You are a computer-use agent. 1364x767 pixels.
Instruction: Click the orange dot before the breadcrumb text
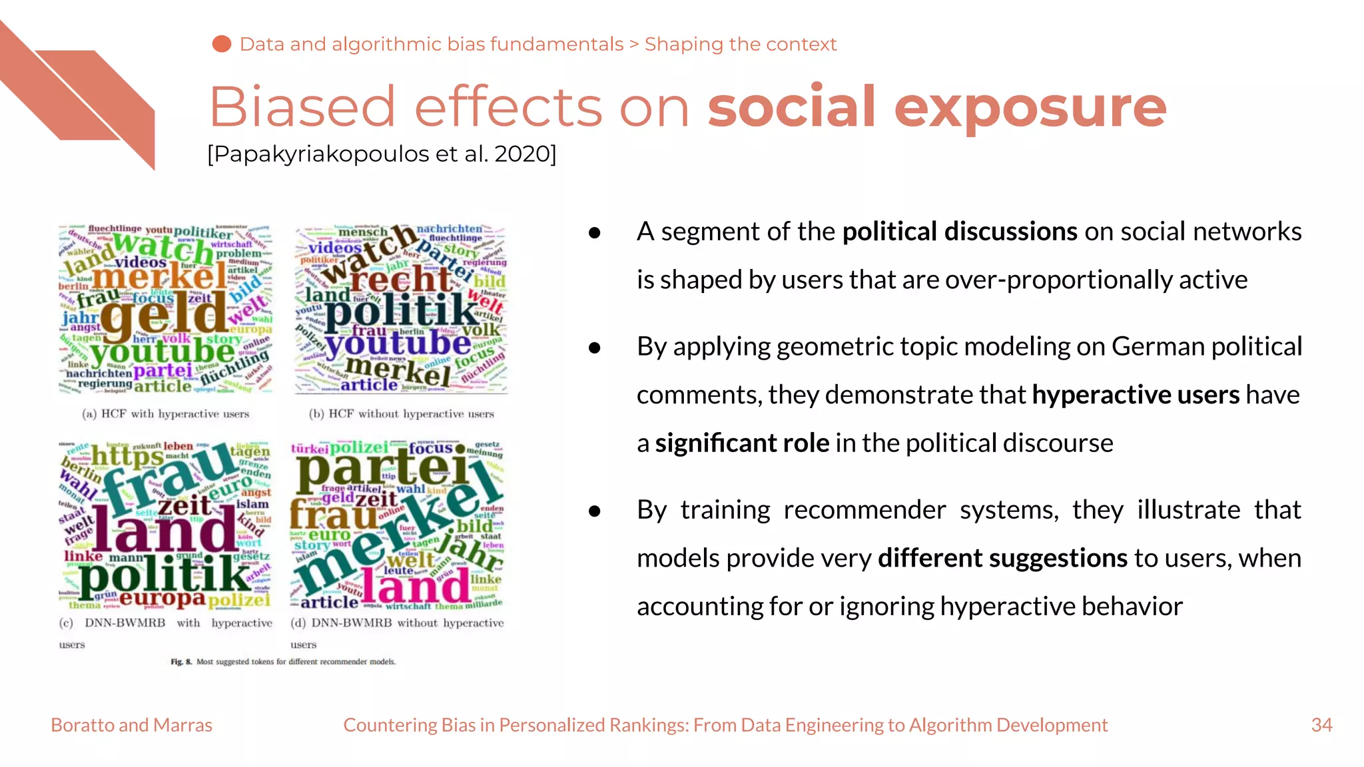(x=222, y=44)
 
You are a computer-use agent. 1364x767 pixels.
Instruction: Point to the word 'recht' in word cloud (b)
(x=400, y=279)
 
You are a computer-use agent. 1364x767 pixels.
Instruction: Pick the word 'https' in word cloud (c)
(x=127, y=457)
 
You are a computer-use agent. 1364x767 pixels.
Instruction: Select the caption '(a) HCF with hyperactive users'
(x=165, y=414)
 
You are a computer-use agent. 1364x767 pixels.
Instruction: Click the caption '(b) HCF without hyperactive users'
(x=402, y=414)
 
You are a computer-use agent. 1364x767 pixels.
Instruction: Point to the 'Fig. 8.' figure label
(x=180, y=662)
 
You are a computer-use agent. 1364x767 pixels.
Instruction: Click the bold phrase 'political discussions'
(x=959, y=232)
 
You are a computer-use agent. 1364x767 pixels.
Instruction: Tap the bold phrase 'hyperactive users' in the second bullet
(x=1136, y=395)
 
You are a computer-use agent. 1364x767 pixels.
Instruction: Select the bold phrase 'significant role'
(x=742, y=443)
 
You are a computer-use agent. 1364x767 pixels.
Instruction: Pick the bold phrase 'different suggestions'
(x=1002, y=558)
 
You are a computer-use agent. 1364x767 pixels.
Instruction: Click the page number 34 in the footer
(x=1321, y=725)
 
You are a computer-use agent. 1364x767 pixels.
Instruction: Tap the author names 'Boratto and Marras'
(x=131, y=725)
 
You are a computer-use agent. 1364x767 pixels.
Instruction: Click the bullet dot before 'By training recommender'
(x=595, y=511)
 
